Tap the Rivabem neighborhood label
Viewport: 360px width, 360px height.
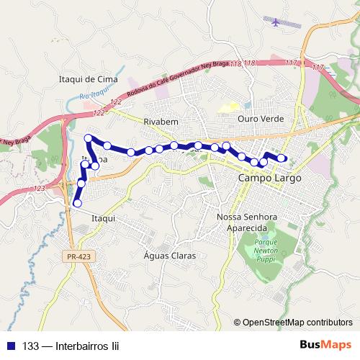161,121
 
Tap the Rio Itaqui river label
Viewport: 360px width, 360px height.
94,96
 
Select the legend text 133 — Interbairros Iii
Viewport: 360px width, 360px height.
69,345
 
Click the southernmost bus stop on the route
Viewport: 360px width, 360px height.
77,204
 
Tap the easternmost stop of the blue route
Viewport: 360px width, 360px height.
282,159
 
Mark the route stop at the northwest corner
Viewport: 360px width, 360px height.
89,138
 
